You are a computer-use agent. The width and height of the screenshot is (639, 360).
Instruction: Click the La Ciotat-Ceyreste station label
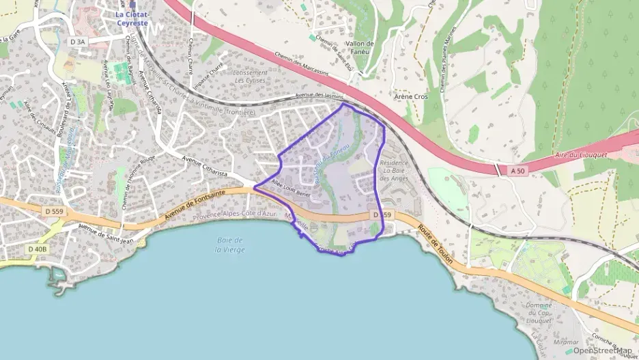pyautogui.click(x=132, y=18)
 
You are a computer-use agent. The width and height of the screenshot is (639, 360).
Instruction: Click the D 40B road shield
pyautogui.click(x=38, y=249)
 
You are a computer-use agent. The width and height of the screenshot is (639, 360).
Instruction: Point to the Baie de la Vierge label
pyautogui.click(x=229, y=245)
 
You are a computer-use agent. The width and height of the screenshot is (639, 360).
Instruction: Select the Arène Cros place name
pyautogui.click(x=411, y=97)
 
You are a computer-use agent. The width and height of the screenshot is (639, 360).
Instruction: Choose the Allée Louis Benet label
pyautogui.click(x=291, y=187)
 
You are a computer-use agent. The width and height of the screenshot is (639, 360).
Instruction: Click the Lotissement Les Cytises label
pyautogui.click(x=249, y=76)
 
